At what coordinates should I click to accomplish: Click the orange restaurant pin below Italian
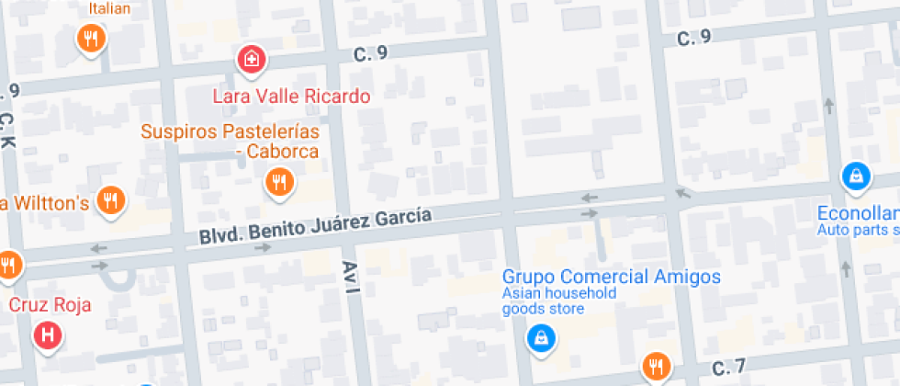point(90,39)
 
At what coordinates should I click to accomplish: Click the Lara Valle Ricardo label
point(291,96)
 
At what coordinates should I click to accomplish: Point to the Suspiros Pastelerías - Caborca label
point(230,141)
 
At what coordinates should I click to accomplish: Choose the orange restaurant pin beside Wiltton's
point(111,199)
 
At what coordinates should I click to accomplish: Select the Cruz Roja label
point(50,304)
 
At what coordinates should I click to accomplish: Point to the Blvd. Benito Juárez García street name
point(315,227)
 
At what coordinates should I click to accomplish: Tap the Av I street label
point(350,277)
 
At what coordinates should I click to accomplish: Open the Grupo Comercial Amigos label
point(611,277)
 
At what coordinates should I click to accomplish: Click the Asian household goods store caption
point(558,301)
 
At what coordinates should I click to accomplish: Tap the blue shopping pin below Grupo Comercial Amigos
point(542,339)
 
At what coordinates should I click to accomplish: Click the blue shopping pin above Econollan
point(855,175)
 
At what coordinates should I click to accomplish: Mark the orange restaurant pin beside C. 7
point(655,366)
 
